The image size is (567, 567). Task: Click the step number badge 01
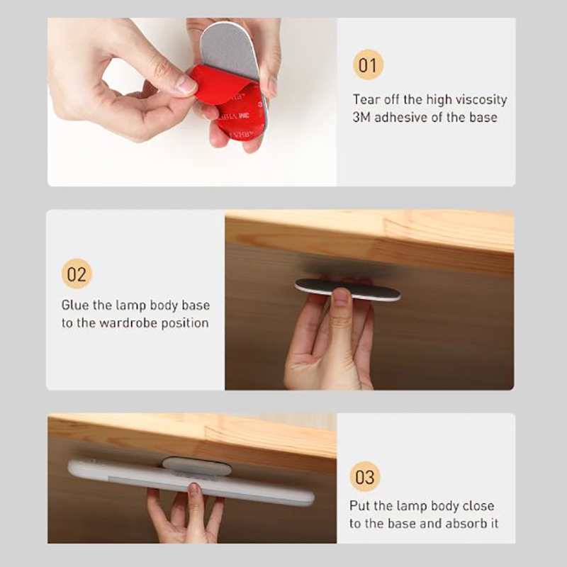coord(368,64)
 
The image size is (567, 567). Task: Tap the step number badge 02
coord(77,274)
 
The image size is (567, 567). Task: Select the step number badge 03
coord(365,477)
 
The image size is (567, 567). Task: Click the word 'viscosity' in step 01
coord(481,99)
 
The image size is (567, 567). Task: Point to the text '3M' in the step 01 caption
coord(361,117)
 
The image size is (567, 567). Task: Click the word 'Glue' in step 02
coord(75,305)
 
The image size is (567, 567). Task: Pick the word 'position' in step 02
coord(185,323)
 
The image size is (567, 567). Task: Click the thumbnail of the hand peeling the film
coord(192,102)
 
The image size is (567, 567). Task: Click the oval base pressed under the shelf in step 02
coord(347,289)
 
